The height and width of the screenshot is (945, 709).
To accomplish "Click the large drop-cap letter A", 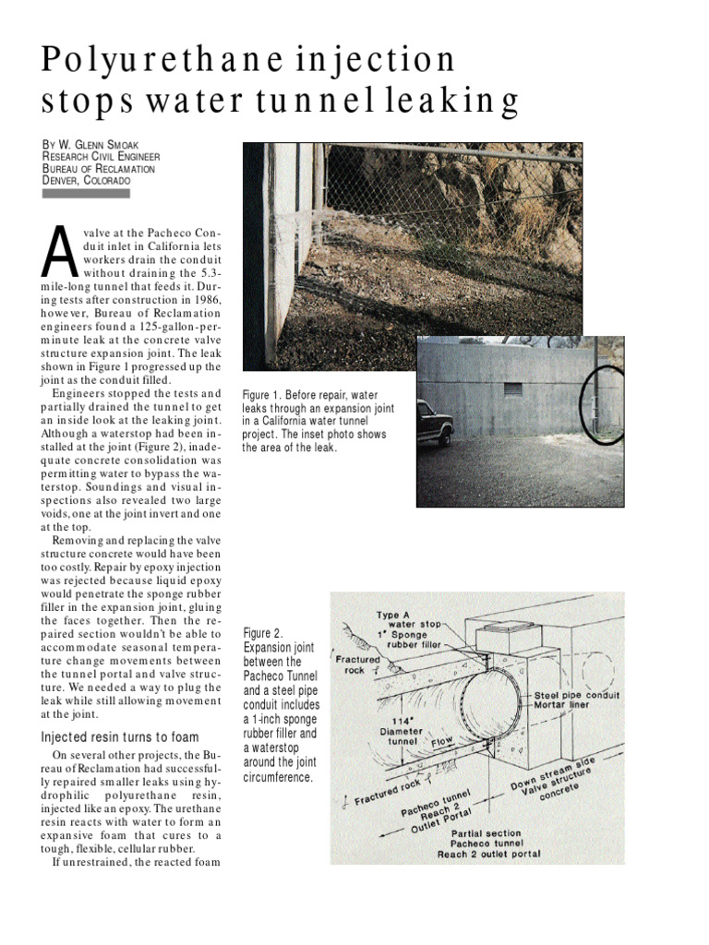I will [58, 253].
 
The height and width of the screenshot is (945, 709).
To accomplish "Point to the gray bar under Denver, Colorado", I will [86, 194].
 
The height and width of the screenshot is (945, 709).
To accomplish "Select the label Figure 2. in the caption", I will [262, 633].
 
